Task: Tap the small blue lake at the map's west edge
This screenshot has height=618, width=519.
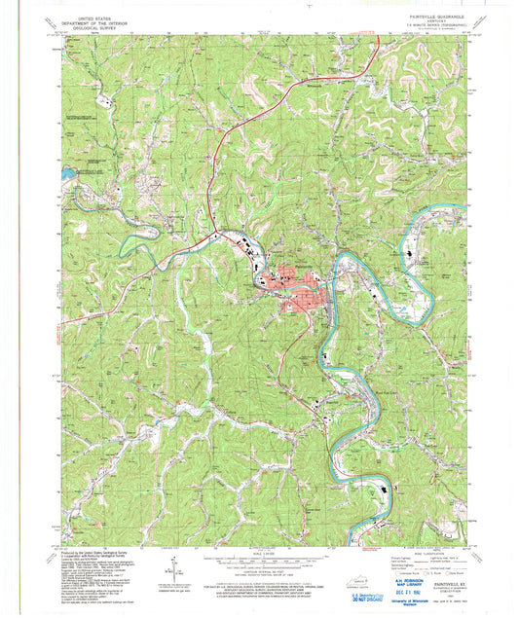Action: tap(65, 175)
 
